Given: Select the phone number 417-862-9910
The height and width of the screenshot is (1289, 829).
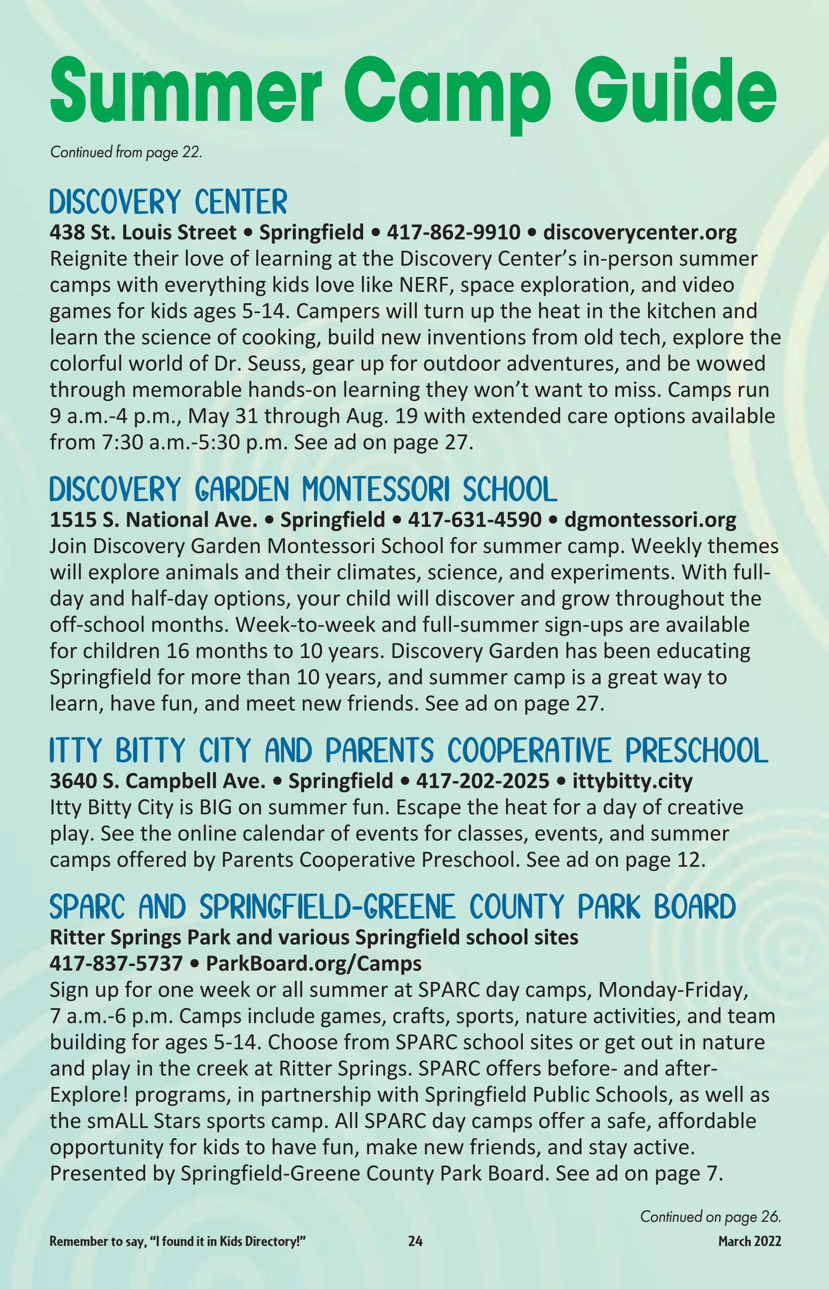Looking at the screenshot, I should coord(453,233).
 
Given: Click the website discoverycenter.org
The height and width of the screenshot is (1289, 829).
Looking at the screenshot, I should coord(640,233).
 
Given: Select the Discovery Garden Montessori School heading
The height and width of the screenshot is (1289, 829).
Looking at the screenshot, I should coord(303,490).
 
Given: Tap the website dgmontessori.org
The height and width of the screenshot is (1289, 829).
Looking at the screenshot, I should coord(650,520).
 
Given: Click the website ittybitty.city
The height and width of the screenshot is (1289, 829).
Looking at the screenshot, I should coord(632,781).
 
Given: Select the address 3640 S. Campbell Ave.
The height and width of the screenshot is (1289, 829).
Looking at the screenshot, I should coord(158,781).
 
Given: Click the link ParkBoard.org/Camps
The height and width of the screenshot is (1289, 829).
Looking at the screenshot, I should coord(314,963).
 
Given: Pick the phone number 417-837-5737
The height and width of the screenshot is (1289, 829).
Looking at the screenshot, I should coord(116,963).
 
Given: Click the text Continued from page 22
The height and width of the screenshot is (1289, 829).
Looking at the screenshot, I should coord(126,152).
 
